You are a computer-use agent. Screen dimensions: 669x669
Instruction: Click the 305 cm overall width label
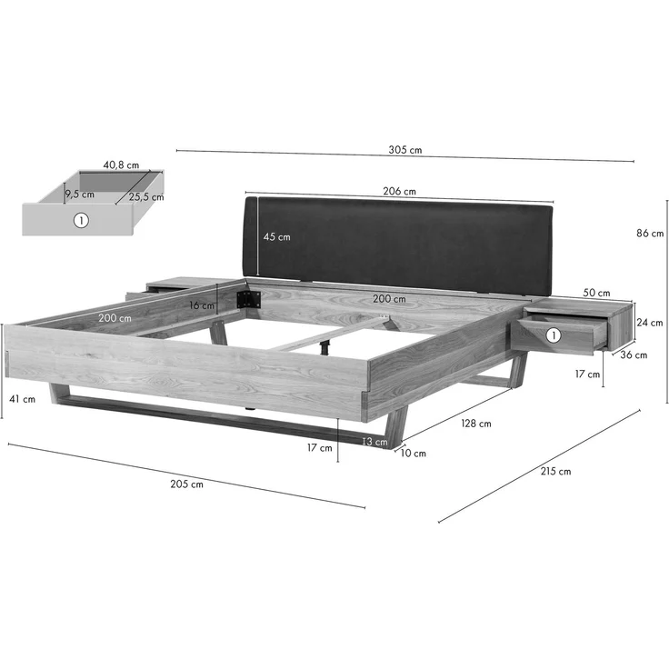coord(404,150)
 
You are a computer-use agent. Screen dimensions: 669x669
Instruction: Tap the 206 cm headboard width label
coord(399,191)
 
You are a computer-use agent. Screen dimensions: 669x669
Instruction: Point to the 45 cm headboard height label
coord(276,237)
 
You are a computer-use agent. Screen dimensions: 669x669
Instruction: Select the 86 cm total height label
coord(650,234)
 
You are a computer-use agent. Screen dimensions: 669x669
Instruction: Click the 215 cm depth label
coord(555,471)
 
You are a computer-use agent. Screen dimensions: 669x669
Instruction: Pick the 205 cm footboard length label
coord(187,484)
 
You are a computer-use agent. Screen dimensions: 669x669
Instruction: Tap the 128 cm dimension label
coord(476,424)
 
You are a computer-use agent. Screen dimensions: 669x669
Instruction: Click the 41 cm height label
coord(22,399)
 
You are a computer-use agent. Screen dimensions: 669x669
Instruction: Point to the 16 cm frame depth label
coord(202,305)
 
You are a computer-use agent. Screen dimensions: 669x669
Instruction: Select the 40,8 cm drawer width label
coord(121,165)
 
